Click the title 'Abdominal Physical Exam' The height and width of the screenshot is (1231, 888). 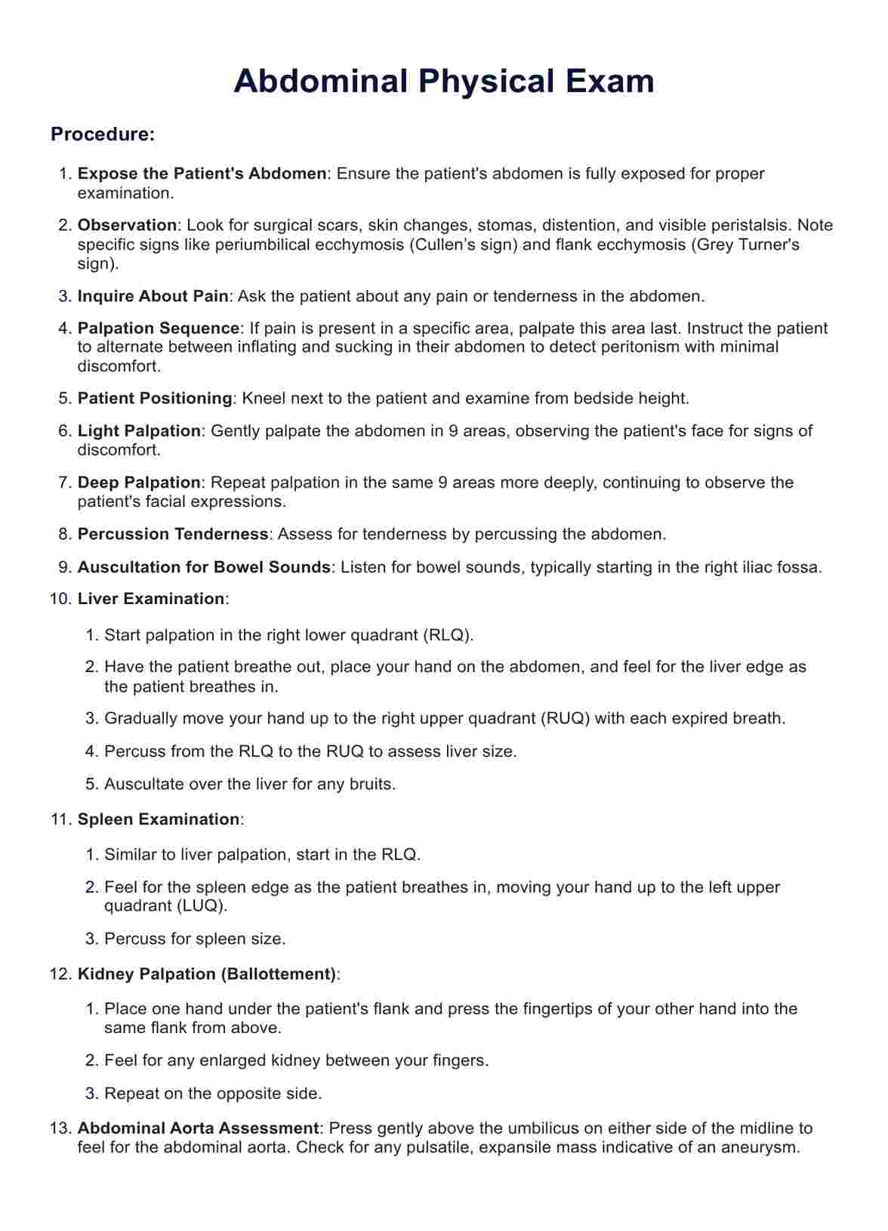444,81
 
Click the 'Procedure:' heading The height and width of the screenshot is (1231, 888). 103,134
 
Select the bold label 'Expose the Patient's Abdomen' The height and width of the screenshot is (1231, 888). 202,174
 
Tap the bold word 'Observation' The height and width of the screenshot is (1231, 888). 127,225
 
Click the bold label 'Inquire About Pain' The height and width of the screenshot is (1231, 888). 153,296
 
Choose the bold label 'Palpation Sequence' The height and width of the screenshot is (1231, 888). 159,329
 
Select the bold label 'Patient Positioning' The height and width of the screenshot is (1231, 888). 155,398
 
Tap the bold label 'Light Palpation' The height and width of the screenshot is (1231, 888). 139,431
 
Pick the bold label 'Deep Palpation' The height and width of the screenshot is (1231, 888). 139,483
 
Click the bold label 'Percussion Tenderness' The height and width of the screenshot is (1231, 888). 173,534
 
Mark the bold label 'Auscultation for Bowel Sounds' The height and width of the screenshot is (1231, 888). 204,567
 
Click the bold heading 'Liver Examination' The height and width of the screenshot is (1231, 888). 151,599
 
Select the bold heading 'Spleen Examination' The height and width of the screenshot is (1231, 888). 159,819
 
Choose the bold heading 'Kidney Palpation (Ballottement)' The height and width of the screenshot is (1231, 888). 207,974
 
